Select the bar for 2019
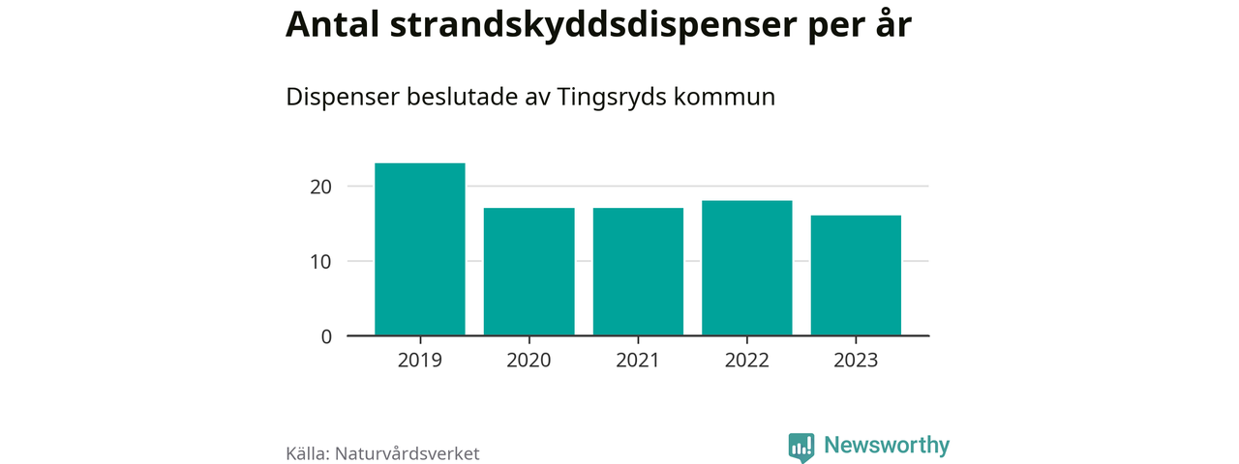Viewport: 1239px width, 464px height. click(x=420, y=249)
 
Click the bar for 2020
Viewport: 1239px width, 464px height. click(x=529, y=272)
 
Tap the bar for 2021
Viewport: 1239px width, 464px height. click(x=638, y=272)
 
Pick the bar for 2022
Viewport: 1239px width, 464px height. click(x=747, y=268)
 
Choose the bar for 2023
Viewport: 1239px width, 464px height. click(x=856, y=275)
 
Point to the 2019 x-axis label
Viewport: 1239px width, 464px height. click(x=420, y=361)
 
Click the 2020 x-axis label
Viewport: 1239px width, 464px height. click(x=529, y=361)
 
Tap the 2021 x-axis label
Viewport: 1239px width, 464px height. click(x=638, y=361)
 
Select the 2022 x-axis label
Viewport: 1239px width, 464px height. click(x=747, y=361)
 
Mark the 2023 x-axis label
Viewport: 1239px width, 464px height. click(x=856, y=361)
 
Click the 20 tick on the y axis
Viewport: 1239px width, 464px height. click(x=320, y=186)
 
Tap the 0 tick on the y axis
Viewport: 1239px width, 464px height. click(x=326, y=336)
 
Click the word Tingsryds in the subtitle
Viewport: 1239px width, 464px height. click(x=611, y=98)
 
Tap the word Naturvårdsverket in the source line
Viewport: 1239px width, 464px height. click(x=407, y=453)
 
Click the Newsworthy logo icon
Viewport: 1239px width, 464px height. click(x=801, y=447)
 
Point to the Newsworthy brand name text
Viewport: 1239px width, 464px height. click(x=887, y=446)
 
